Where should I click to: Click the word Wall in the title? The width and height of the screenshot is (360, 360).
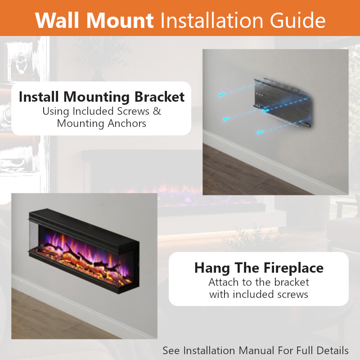tap(58, 20)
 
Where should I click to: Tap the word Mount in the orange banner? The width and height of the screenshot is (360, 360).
tap(120, 20)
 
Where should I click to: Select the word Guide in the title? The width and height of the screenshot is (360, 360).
tap(298, 20)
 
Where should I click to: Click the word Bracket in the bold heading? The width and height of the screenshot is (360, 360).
tap(160, 97)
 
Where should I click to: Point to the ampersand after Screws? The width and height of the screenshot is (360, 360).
tap(157, 111)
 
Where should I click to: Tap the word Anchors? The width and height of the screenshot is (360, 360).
tap(127, 123)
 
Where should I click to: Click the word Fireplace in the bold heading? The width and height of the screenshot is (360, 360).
tap(293, 268)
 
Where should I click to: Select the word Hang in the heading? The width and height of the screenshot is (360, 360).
tap(212, 268)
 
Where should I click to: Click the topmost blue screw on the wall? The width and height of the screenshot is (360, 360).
tap(222, 95)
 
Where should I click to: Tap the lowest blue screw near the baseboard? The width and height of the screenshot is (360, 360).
tap(261, 132)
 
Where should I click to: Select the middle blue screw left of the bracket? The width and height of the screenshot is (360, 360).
tap(226, 119)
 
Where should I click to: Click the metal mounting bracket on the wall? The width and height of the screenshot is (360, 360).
tap(283, 103)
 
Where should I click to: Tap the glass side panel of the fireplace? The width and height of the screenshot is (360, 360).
tap(34, 235)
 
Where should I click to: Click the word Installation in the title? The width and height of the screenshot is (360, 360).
tap(211, 20)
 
